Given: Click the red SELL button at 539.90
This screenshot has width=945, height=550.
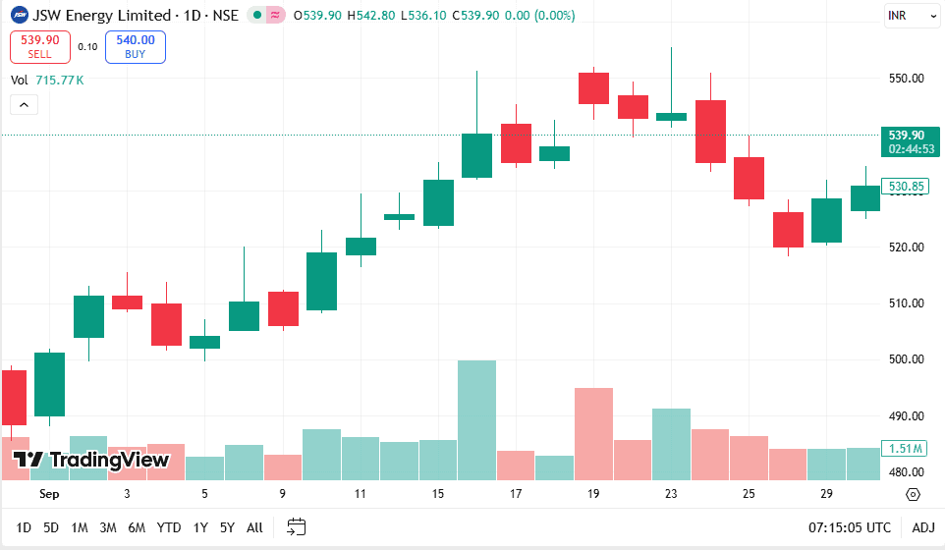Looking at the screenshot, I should tap(40, 46).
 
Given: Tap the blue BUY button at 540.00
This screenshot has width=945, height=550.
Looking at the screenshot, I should tap(136, 46).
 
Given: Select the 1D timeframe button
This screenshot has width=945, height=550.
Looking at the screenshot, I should tap(24, 527).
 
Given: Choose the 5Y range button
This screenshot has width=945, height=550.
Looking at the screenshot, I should tap(227, 527).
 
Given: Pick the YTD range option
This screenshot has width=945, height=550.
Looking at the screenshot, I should tap(169, 527).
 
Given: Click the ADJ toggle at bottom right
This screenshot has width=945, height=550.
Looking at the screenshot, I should tap(923, 527).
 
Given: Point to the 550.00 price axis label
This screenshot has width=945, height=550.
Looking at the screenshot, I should tap(907, 79).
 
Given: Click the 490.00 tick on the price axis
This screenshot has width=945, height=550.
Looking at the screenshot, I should tap(907, 416).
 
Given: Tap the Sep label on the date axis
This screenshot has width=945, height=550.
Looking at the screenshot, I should tap(48, 494).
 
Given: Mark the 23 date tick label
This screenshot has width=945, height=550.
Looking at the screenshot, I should tap(671, 494).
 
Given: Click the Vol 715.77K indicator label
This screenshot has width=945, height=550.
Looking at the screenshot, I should tap(47, 80).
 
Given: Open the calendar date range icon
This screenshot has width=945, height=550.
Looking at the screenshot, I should tap(297, 527).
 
